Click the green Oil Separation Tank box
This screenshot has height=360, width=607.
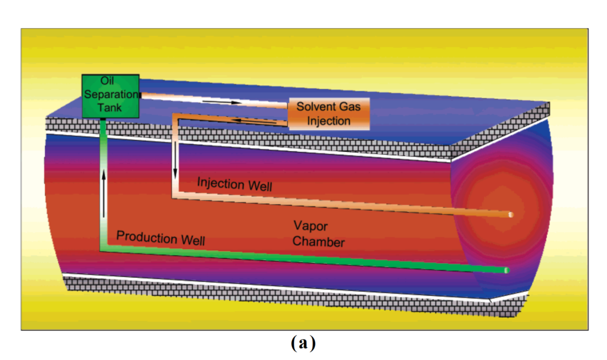pos(110,96)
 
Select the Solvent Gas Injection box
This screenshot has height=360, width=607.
pos(329,114)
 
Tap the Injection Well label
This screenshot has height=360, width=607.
pos(235,184)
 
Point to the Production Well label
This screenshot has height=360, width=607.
pos(161,238)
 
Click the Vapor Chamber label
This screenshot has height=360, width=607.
pos(318,234)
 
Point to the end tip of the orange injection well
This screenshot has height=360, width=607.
pos(510,215)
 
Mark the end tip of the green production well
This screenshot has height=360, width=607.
pos(506,270)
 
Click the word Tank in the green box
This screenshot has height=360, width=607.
pos(110,108)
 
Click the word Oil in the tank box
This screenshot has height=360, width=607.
pos(106,83)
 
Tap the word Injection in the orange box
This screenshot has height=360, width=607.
pos(329,121)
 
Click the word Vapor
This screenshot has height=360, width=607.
pos(311,225)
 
